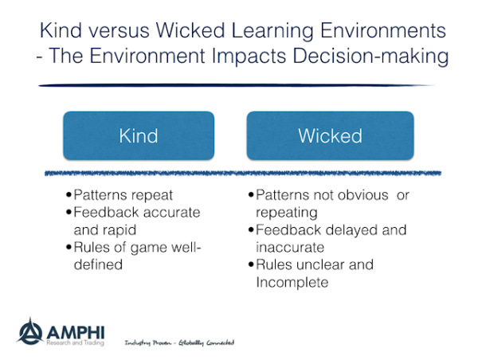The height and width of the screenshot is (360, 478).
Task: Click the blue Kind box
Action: pyautogui.click(x=139, y=135)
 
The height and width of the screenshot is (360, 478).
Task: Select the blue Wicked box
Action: pyautogui.click(x=330, y=135)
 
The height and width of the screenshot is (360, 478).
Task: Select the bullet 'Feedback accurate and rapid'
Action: pyautogui.click(x=131, y=221)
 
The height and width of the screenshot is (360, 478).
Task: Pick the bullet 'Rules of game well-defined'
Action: pyautogui.click(x=132, y=255)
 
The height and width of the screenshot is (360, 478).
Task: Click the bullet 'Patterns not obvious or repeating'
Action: pyautogui.click(x=324, y=204)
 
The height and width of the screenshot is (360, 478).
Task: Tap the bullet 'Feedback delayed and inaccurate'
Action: pyautogui.click(x=327, y=238)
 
